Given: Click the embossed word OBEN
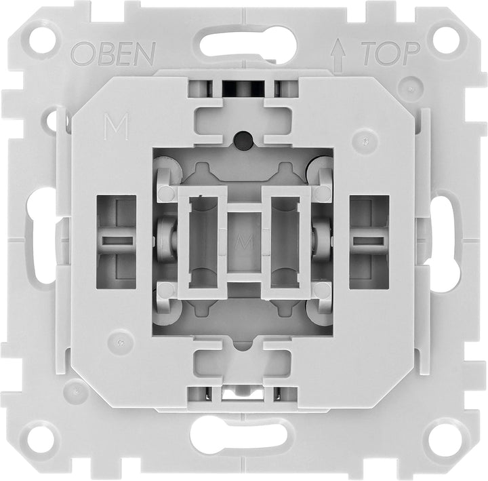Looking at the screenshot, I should tap(114, 52).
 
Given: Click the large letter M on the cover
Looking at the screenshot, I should tap(117, 126).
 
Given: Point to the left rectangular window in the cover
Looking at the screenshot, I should tap(117, 240).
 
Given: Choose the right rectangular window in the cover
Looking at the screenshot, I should tap(369, 240).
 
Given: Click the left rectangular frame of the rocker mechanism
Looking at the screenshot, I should tap(202, 242).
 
